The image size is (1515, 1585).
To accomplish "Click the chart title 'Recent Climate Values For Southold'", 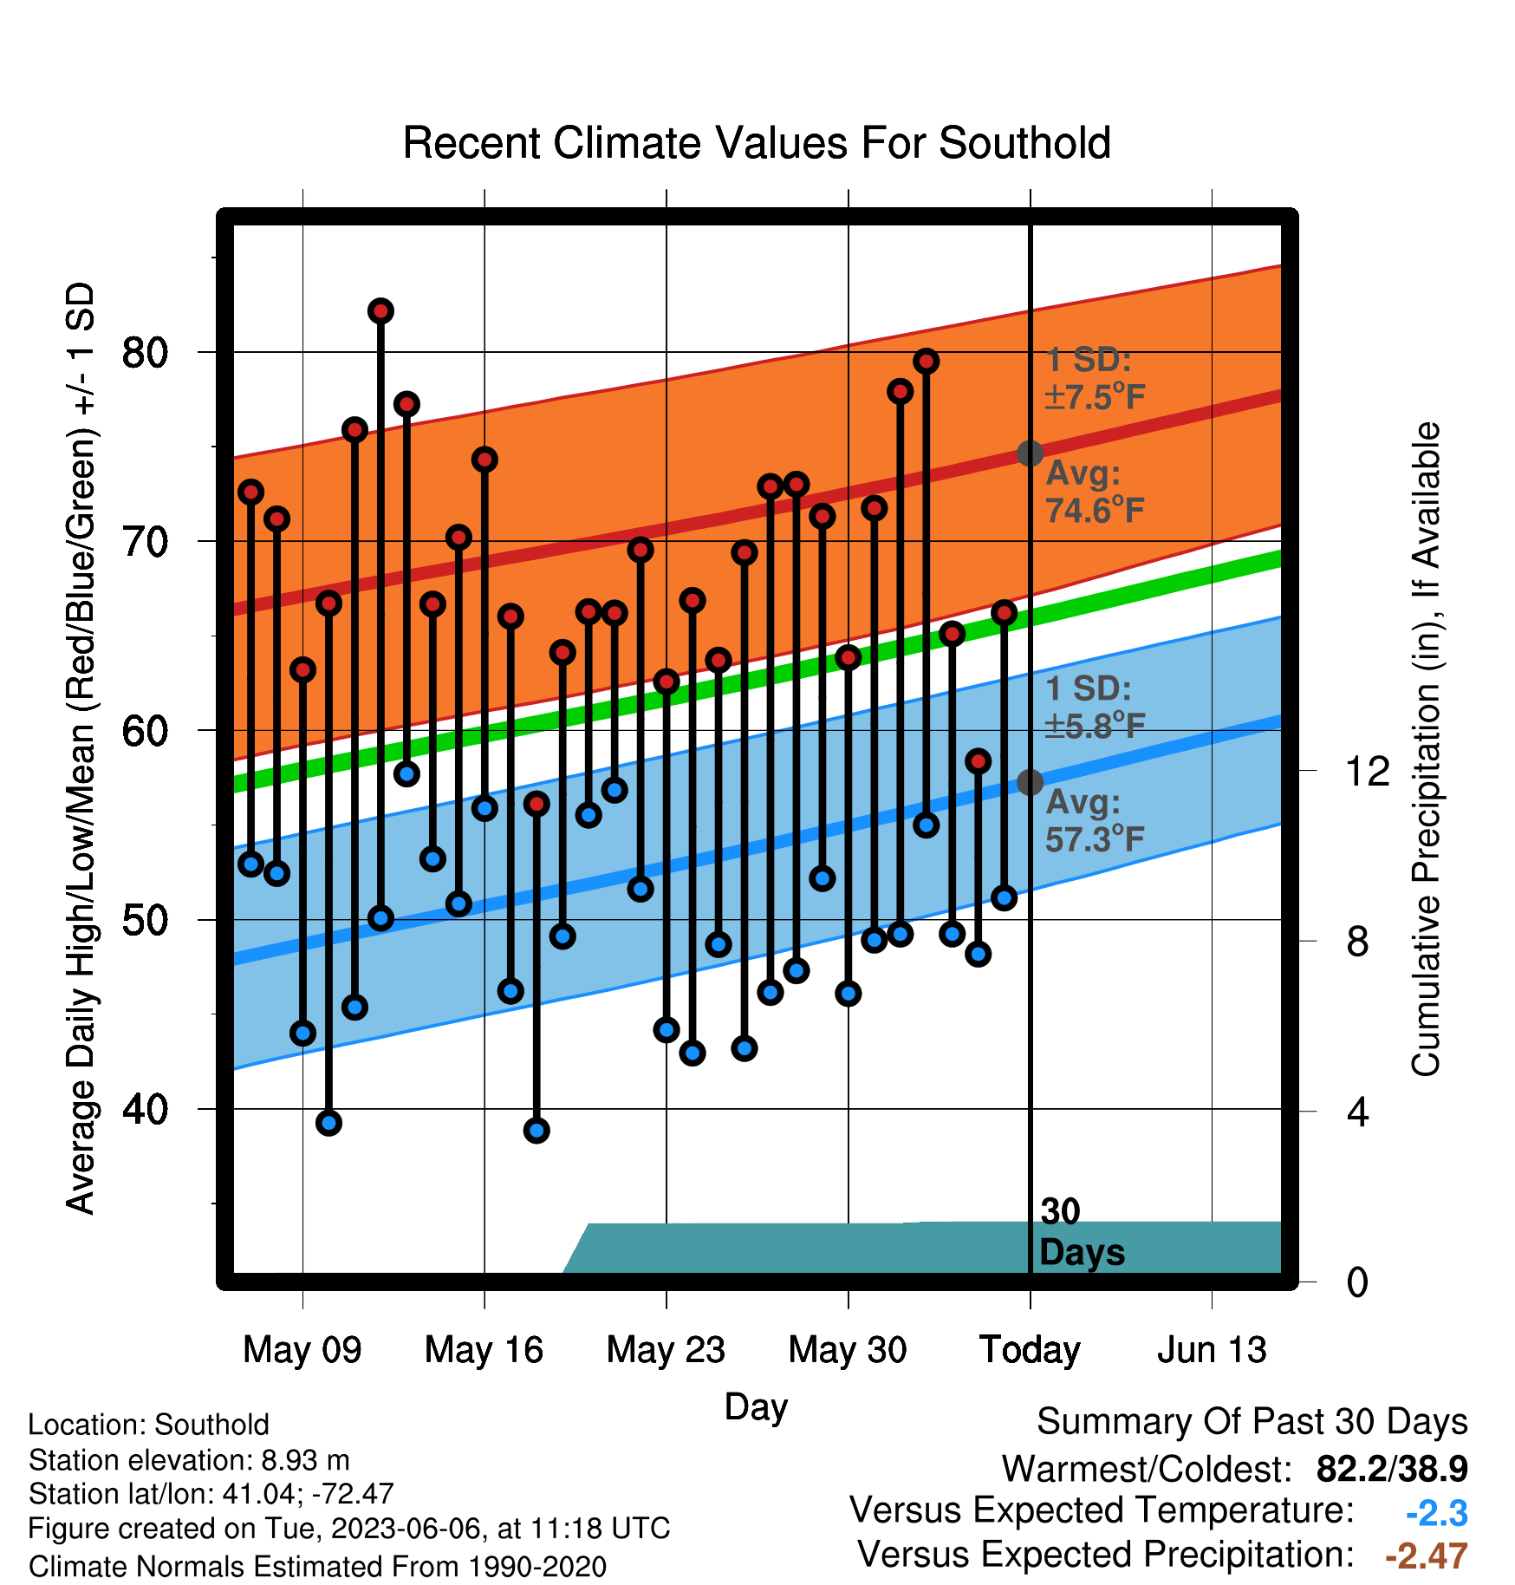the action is coord(757,143).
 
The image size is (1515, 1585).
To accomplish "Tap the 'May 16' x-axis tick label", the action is coord(484,1350).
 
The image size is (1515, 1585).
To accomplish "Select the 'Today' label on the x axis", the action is coord(1030,1350).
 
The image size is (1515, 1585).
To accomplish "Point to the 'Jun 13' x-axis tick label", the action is coord(1212,1350).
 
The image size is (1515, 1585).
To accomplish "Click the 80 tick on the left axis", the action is coord(145,353).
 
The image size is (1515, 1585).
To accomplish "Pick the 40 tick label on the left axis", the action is coord(145,1110).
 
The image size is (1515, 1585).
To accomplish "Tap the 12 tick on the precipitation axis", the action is coord(1367,771).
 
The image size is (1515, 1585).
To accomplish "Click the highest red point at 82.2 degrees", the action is coord(380,310).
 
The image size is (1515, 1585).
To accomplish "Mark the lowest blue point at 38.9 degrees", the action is coord(536,1131).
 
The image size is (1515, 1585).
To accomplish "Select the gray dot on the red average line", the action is coord(1030,453).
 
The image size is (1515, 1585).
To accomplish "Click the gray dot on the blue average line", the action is coord(1030,782).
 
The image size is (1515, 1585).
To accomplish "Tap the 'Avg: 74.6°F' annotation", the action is coord(1096,492).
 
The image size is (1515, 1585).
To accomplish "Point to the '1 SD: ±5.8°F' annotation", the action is coord(1096,707).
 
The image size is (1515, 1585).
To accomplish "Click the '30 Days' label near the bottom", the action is coord(1082,1232).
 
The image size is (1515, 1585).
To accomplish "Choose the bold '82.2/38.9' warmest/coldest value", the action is coord(1392,1469).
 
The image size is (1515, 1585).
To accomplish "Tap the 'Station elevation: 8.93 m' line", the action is coord(189,1460).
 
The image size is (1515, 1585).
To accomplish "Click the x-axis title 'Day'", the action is coord(756,1407).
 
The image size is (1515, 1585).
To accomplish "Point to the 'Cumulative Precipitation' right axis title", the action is coord(1426,749).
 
